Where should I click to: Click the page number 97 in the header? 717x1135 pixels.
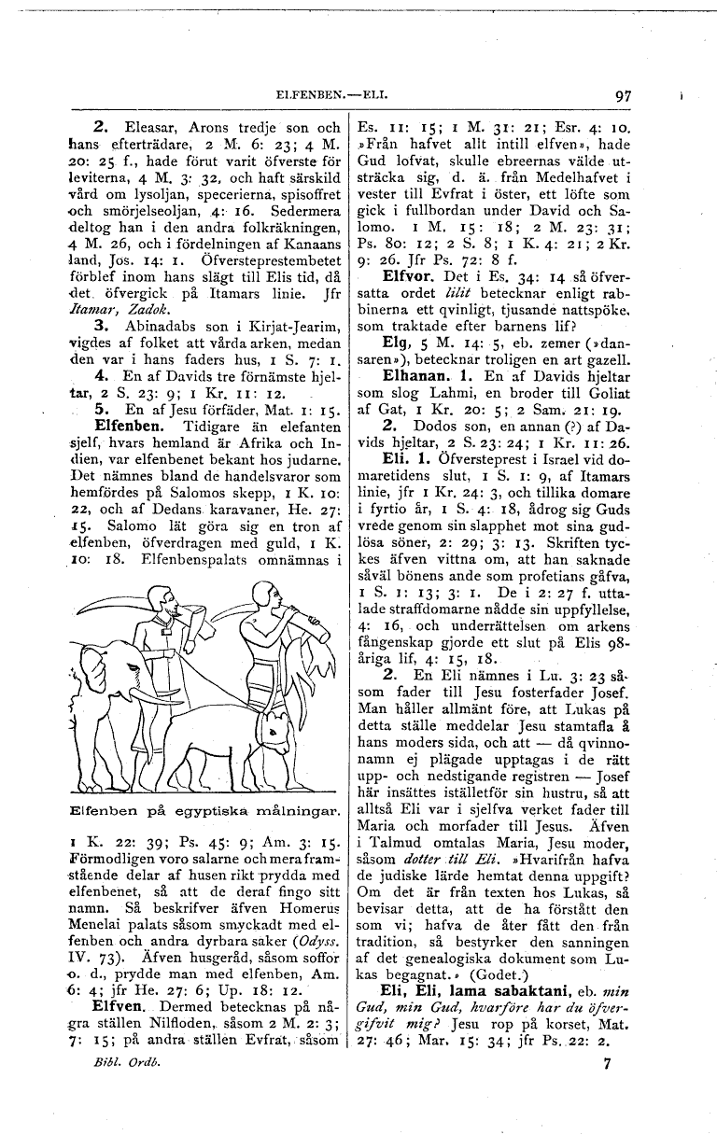point(624,95)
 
